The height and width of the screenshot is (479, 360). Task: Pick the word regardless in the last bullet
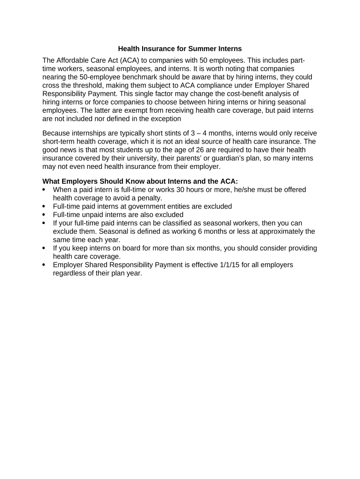[72, 274]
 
